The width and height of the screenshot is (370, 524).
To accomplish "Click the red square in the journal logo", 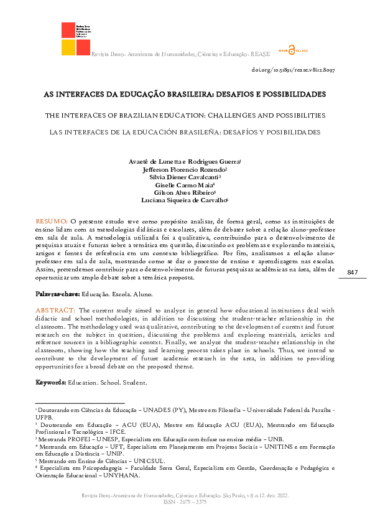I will tap(67, 29).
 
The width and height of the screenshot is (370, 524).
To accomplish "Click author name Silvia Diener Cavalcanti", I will tap(184, 177).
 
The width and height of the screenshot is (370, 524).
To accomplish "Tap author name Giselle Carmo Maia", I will tap(184, 185).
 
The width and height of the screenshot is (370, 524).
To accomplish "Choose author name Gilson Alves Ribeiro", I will tap(184, 192).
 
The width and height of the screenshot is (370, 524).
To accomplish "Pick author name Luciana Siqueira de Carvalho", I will tap(184, 200).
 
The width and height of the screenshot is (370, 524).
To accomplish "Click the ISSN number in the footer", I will tap(185, 502).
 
